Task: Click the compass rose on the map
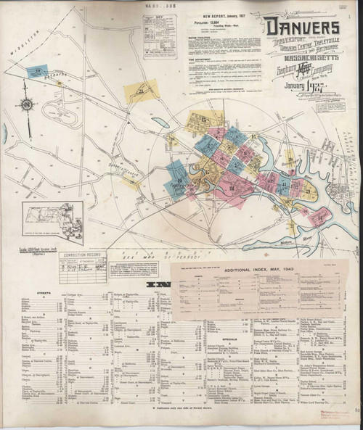point(27,104)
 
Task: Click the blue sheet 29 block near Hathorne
point(36,71)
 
